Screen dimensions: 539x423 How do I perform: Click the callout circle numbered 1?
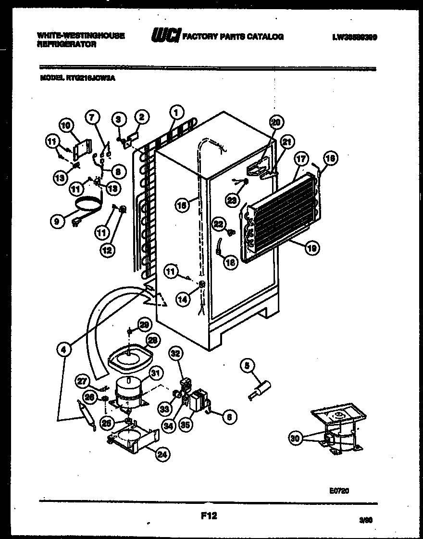tap(176, 113)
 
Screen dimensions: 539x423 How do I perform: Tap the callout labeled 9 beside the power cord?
tap(57, 221)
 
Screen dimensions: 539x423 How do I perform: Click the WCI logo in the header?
tap(165, 36)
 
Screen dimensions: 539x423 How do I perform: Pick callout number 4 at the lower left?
tap(63, 350)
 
